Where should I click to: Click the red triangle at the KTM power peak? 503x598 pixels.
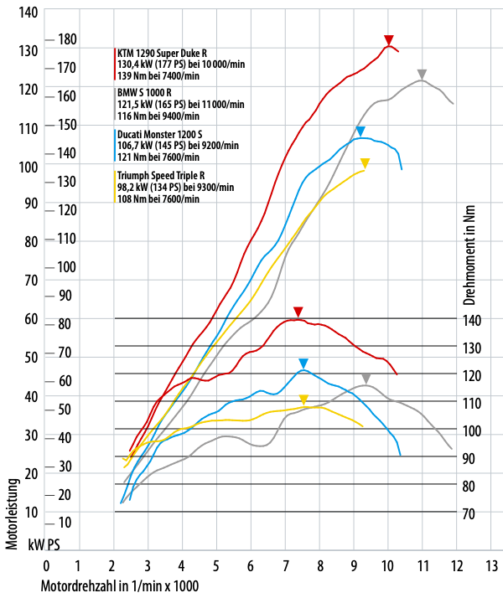tap(388, 40)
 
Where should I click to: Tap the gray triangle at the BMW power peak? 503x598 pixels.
tap(423, 75)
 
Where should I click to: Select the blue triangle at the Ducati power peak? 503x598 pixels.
tap(360, 131)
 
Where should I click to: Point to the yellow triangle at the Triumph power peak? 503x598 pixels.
tap(365, 163)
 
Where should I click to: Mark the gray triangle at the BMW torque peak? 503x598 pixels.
tap(366, 379)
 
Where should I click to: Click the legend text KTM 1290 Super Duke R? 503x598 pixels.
tap(163, 53)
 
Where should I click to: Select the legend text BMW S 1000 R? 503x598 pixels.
tap(144, 92)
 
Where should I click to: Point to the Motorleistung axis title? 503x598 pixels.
tap(13, 513)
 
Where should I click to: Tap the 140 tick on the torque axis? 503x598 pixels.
tap(471, 320)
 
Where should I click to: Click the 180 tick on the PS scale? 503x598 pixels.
tap(67, 39)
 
